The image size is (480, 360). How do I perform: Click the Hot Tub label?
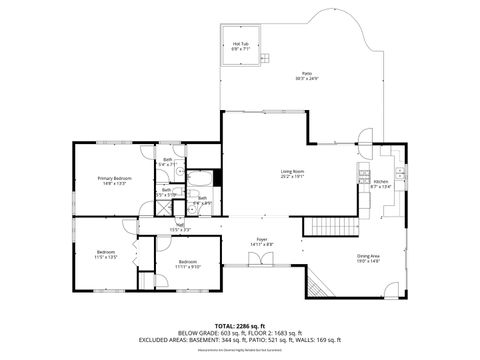240,45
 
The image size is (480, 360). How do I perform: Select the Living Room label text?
293,175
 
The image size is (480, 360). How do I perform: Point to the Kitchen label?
382,183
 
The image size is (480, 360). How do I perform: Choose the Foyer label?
262,241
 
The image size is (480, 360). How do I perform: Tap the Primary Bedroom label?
113,180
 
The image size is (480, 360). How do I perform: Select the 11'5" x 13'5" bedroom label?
107,254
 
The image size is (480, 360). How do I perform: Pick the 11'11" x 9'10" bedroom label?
188,265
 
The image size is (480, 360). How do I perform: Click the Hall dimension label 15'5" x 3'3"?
180,228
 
